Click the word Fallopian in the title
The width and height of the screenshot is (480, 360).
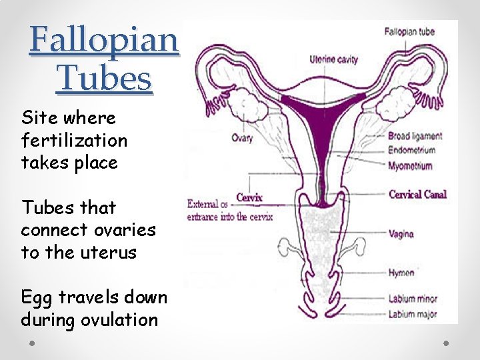[104, 40]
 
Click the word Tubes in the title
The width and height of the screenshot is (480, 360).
[104, 78]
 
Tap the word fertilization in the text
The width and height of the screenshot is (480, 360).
[74, 141]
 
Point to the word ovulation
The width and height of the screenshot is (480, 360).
[120, 320]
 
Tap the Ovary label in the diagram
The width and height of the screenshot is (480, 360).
[242, 139]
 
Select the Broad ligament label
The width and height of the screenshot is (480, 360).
[415, 137]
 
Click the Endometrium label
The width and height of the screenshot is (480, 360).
[411, 151]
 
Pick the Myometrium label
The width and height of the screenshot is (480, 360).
[410, 166]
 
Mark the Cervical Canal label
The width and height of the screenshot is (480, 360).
[417, 195]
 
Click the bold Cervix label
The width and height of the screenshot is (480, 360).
[249, 197]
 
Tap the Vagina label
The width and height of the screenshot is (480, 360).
[401, 234]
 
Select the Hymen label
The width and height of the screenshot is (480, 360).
[401, 272]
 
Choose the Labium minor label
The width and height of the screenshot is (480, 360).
[412, 299]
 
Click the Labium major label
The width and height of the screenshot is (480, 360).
[412, 313]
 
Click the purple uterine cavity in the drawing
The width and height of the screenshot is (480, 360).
[323, 111]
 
